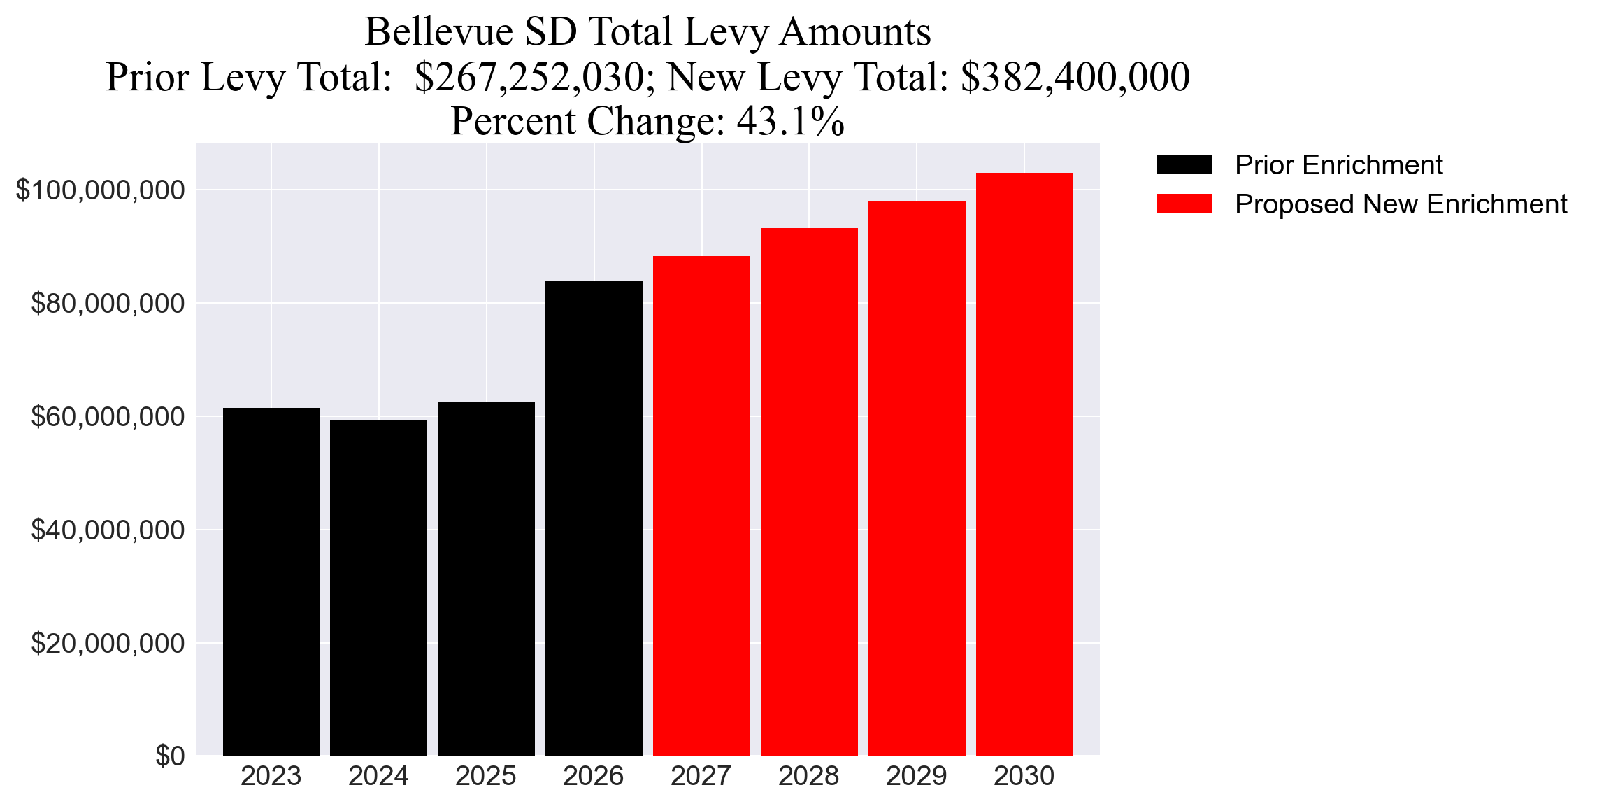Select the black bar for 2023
[271, 581]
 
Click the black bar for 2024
[378, 588]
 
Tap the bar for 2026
[594, 518]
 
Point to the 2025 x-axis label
[486, 776]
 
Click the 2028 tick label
[809, 776]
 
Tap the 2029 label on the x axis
[917, 776]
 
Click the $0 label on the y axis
[170, 756]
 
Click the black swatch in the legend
[1184, 164]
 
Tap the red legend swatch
[1184, 204]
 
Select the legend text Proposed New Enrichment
[1401, 204]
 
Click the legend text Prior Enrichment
[1338, 165]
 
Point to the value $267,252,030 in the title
[529, 77]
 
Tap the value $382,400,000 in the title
[1075, 77]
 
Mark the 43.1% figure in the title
[790, 121]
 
